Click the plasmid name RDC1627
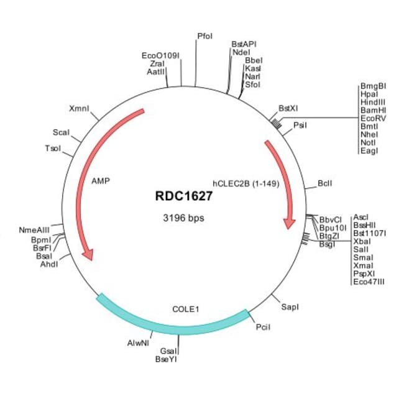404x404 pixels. [x=184, y=196]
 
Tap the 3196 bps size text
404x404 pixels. [x=183, y=218]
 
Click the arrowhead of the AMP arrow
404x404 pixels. [x=88, y=255]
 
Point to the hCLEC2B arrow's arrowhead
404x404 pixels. [x=289, y=224]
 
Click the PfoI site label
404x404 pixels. [x=205, y=36]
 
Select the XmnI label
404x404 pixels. [x=79, y=109]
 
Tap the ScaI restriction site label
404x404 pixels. [x=61, y=132]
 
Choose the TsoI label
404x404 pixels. [x=53, y=149]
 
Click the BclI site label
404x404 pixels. [x=325, y=183]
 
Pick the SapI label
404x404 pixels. [x=290, y=307]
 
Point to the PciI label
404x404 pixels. [x=263, y=327]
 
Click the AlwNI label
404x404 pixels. [x=138, y=343]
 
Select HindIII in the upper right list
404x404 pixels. [x=373, y=102]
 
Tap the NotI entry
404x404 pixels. [x=368, y=142]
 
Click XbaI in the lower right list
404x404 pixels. [x=362, y=241]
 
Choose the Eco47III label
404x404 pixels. [x=369, y=282]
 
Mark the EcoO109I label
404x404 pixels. [x=160, y=56]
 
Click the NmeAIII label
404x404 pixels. [x=34, y=230]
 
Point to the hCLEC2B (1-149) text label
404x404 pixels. [x=246, y=183]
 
